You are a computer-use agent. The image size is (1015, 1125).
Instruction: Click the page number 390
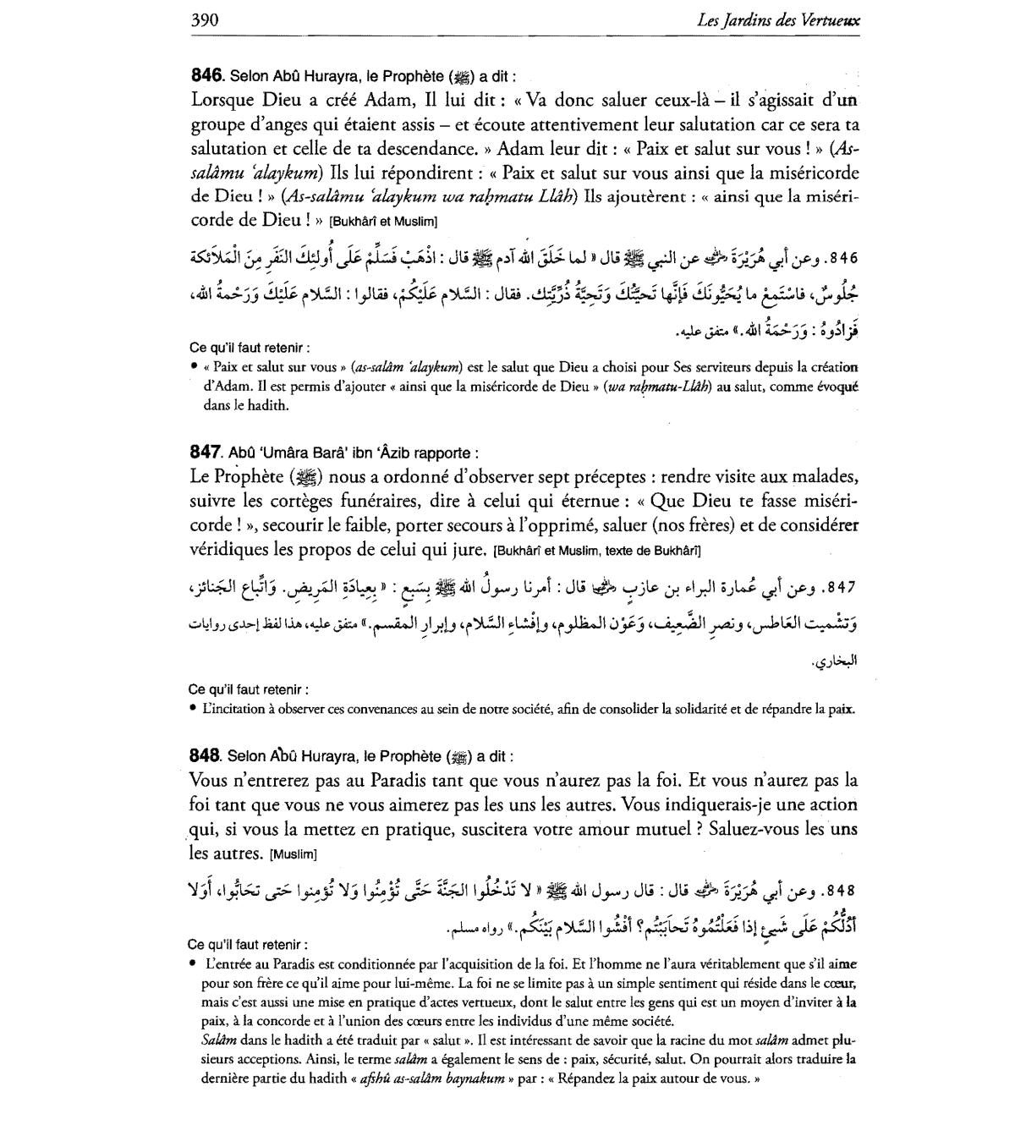(205, 19)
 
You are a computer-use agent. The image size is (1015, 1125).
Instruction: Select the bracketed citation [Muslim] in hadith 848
(292, 853)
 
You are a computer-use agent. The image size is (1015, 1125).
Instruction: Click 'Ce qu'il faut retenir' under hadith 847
(249, 689)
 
